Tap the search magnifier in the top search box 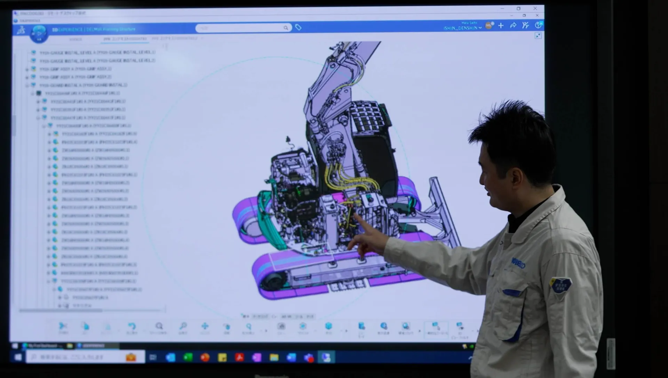[x=286, y=28]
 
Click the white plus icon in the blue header [x=501, y=25]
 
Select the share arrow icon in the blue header [x=513, y=25]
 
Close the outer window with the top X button [x=535, y=8]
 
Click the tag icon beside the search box [x=298, y=27]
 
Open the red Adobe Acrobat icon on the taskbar [x=239, y=357]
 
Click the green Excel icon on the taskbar [x=188, y=357]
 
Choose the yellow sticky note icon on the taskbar [x=222, y=357]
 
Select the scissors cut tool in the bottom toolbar [x=63, y=326]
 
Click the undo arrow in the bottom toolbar [x=132, y=326]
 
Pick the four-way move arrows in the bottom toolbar [x=205, y=326]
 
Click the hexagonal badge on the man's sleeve [x=560, y=285]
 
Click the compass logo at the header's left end [x=39, y=34]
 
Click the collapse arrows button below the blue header [x=538, y=36]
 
